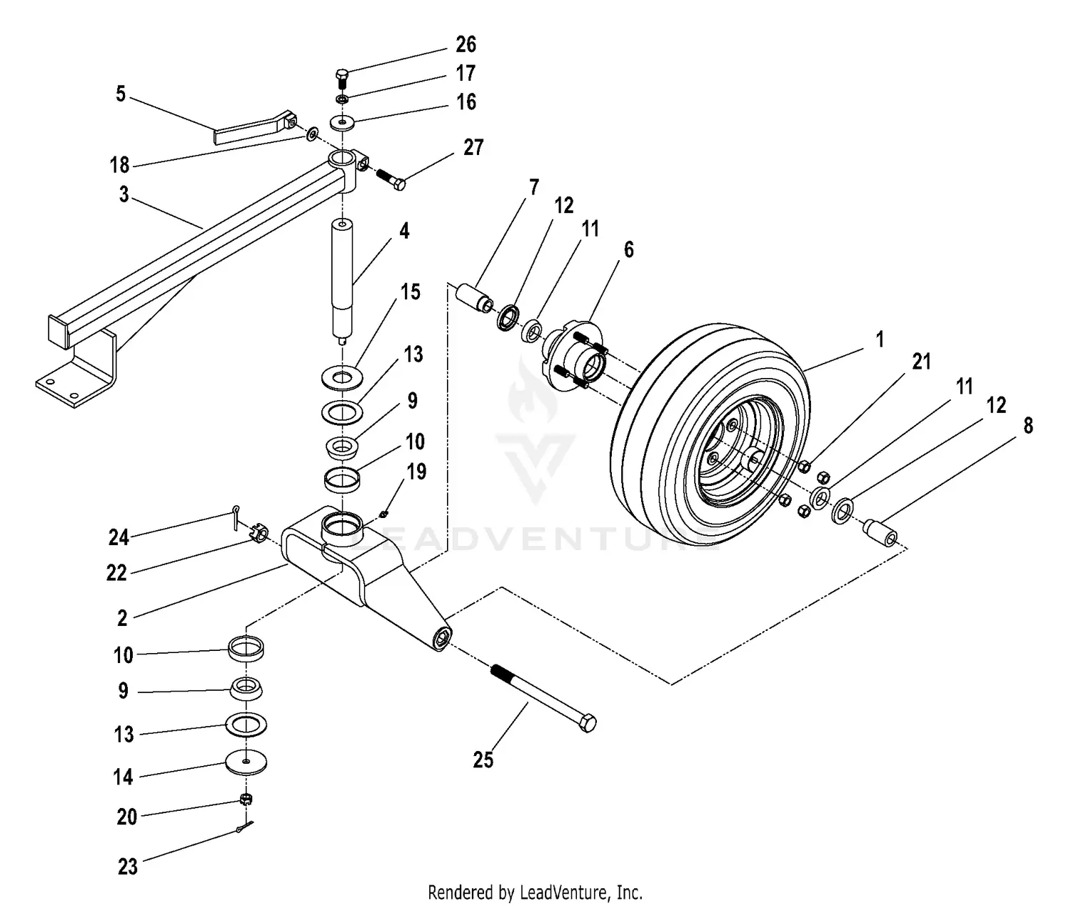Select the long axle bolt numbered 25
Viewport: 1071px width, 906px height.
[543, 696]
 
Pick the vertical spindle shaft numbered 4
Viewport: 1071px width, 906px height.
[343, 279]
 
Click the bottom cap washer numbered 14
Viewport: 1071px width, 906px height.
[246, 762]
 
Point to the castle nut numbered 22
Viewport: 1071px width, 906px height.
[260, 534]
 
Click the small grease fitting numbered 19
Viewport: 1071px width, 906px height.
[383, 512]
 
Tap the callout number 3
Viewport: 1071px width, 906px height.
[124, 195]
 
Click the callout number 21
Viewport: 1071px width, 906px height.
[922, 362]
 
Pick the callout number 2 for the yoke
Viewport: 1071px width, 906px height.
[122, 618]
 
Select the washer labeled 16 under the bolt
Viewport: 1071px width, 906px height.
[343, 123]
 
